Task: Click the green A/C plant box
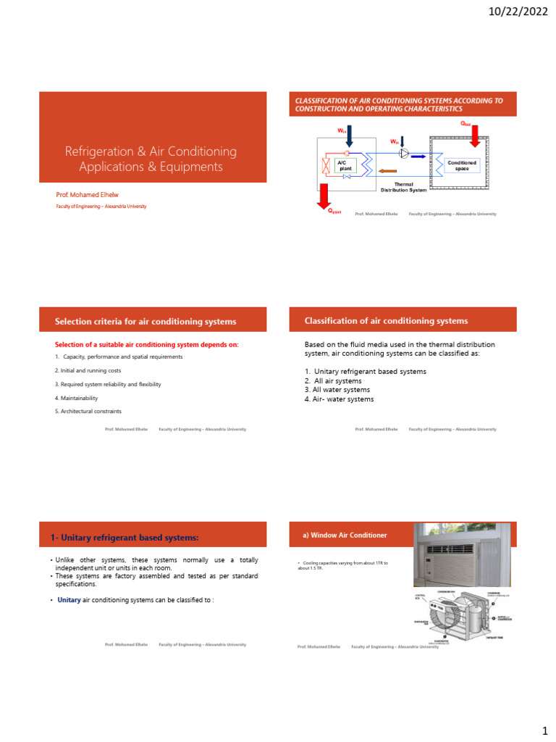click(x=345, y=166)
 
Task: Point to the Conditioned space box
click(x=462, y=166)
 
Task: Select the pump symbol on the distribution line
click(x=404, y=154)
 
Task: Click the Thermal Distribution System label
click(x=403, y=187)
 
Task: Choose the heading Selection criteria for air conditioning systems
click(x=146, y=321)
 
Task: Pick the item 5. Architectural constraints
click(x=88, y=411)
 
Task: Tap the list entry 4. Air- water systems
click(x=340, y=399)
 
